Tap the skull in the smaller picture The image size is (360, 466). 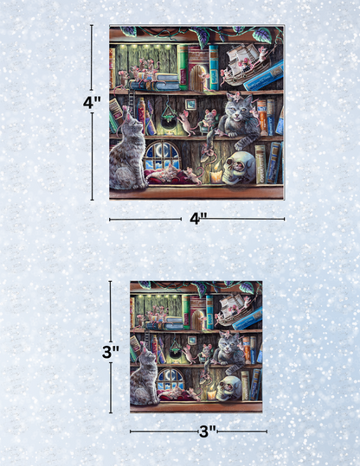[232, 382]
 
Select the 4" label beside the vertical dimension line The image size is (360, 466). [92, 102]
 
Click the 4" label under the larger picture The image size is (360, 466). [198, 219]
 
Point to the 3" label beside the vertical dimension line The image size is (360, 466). [110, 352]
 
